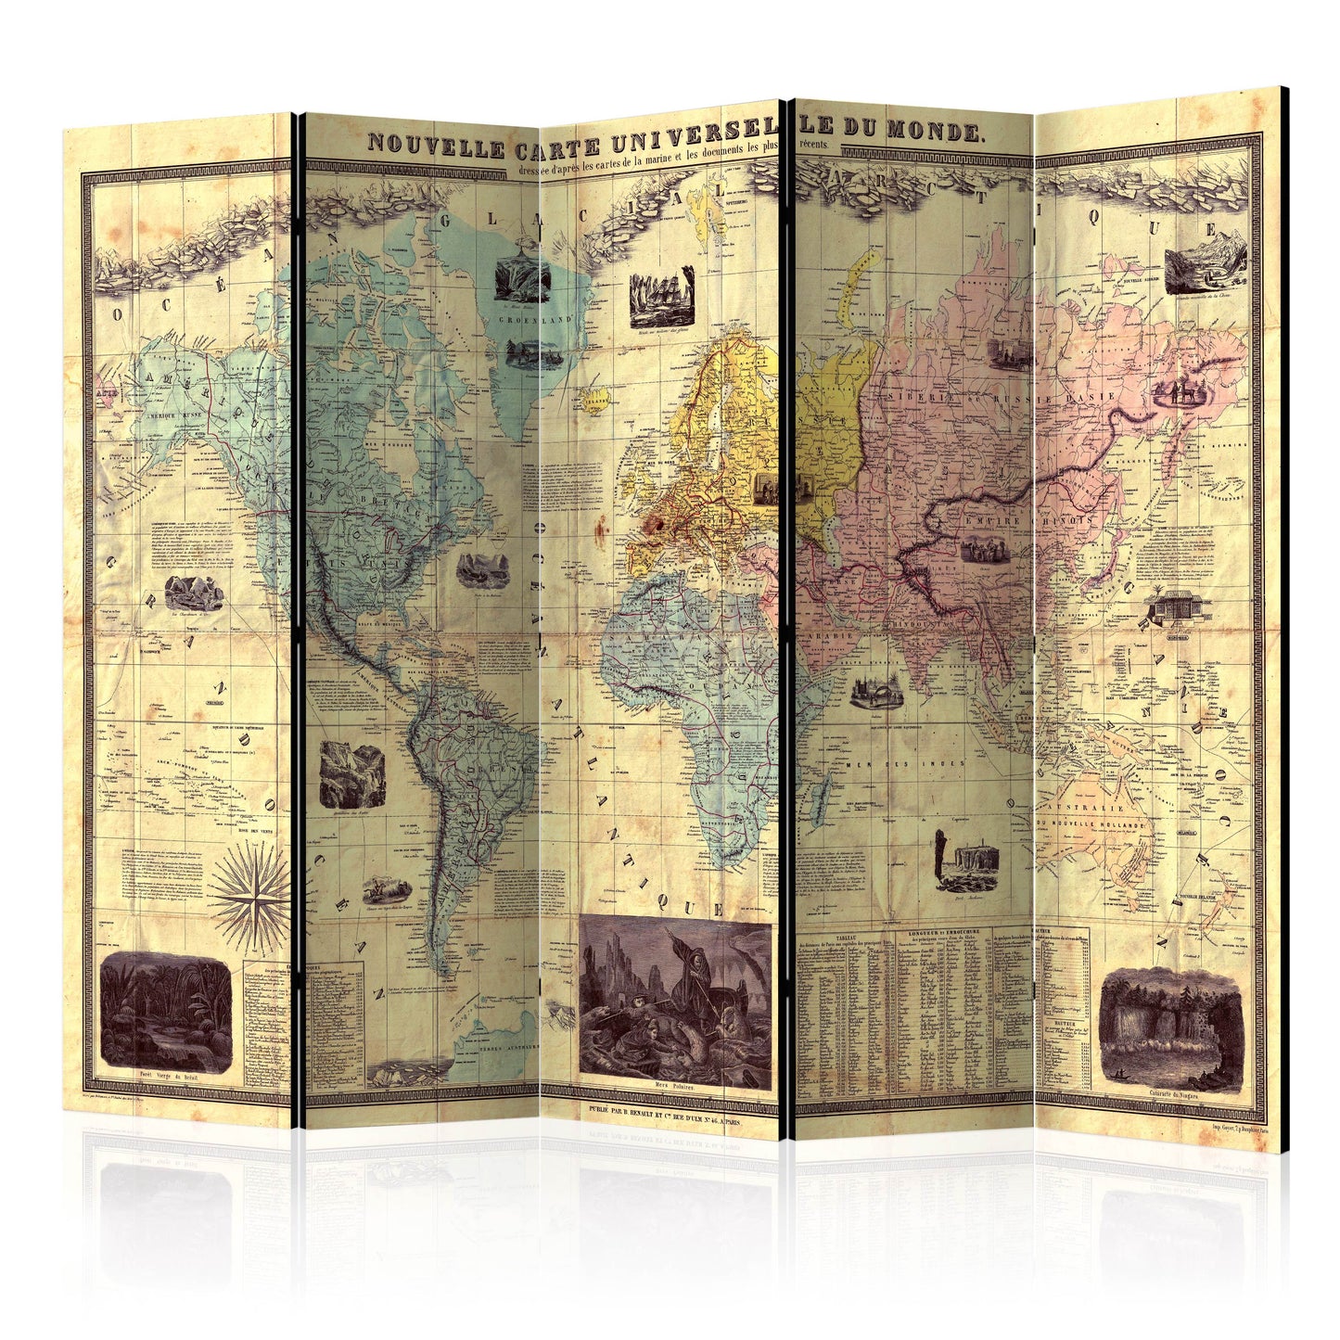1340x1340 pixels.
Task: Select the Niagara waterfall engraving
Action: [x=1169, y=1024]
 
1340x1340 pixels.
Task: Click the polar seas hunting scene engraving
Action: [x=674, y=997]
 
